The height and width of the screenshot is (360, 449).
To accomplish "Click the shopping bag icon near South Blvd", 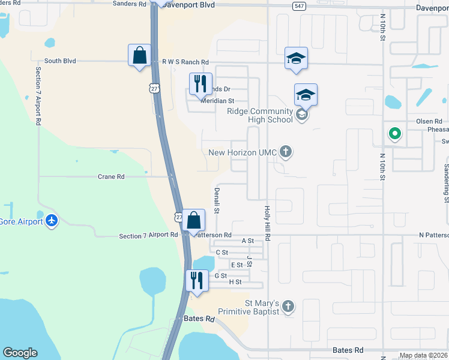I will (139, 56).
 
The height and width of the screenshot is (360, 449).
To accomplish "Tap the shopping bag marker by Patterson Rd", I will (194, 220).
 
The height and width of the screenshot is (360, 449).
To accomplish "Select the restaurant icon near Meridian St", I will (200, 83).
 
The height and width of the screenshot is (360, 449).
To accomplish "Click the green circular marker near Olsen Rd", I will (394, 134).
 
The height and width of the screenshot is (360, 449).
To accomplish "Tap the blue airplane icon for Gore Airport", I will (52, 221).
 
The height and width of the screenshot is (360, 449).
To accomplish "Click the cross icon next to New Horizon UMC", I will (286, 152).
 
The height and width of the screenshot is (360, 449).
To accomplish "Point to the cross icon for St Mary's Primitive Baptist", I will (288, 307).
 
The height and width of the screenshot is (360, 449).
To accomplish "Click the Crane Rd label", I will (111, 177).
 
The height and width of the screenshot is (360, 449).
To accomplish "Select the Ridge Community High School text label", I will (259, 115).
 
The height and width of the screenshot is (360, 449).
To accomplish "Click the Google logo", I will (20, 352).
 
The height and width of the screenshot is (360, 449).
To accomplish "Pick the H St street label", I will (235, 281).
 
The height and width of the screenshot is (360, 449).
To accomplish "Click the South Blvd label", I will (61, 61).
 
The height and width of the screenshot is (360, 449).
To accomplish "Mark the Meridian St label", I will (217, 101).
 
